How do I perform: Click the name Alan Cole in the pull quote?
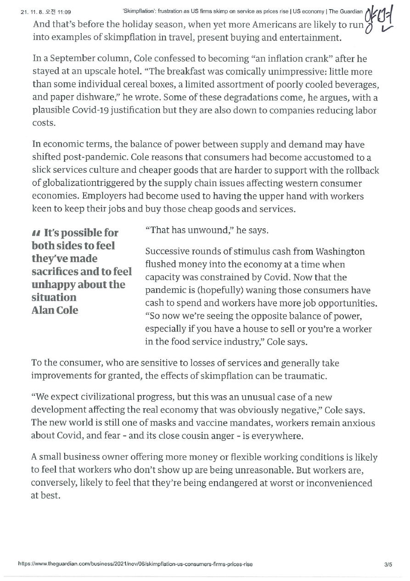[55, 310]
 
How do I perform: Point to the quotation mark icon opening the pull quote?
[36, 234]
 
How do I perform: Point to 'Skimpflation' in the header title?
[139, 11]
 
